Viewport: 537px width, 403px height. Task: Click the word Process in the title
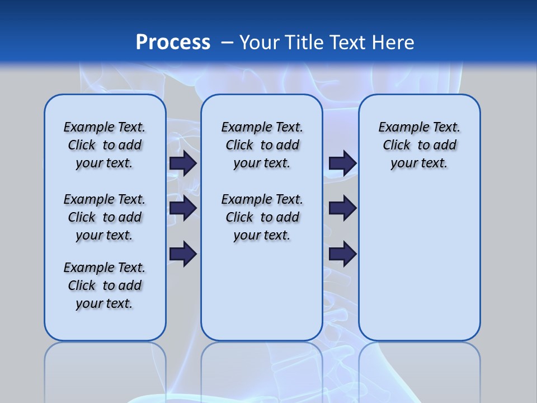[x=173, y=42]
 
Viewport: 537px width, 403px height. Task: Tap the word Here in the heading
[x=393, y=42]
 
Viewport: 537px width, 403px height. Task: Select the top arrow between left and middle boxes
[x=183, y=163]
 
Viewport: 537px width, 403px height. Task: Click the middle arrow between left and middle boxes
[x=183, y=208]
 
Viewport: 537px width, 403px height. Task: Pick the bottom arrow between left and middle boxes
[x=183, y=254]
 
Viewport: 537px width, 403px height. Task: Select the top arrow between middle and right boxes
[x=342, y=163]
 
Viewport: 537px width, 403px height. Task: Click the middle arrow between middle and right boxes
[x=342, y=208]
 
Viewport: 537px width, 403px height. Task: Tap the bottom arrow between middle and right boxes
[x=342, y=254]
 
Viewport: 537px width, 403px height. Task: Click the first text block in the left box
[x=105, y=145]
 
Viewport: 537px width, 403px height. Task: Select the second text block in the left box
[x=105, y=217]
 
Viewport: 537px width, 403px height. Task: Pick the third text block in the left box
[x=105, y=285]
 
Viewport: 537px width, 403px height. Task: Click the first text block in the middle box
[x=262, y=145]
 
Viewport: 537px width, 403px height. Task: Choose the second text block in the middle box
[x=262, y=217]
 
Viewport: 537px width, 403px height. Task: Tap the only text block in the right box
[x=419, y=145]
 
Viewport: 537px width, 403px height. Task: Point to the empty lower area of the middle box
[x=262, y=291]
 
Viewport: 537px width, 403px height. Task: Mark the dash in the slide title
[x=227, y=42]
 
